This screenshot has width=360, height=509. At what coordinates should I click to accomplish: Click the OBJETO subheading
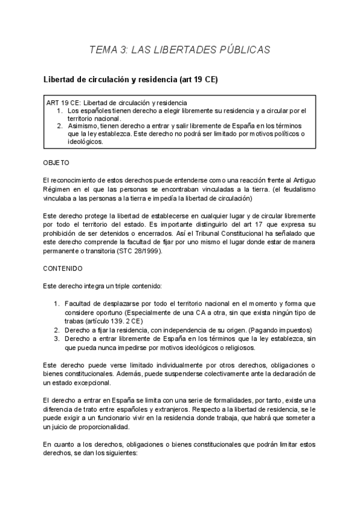[x=56, y=163]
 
